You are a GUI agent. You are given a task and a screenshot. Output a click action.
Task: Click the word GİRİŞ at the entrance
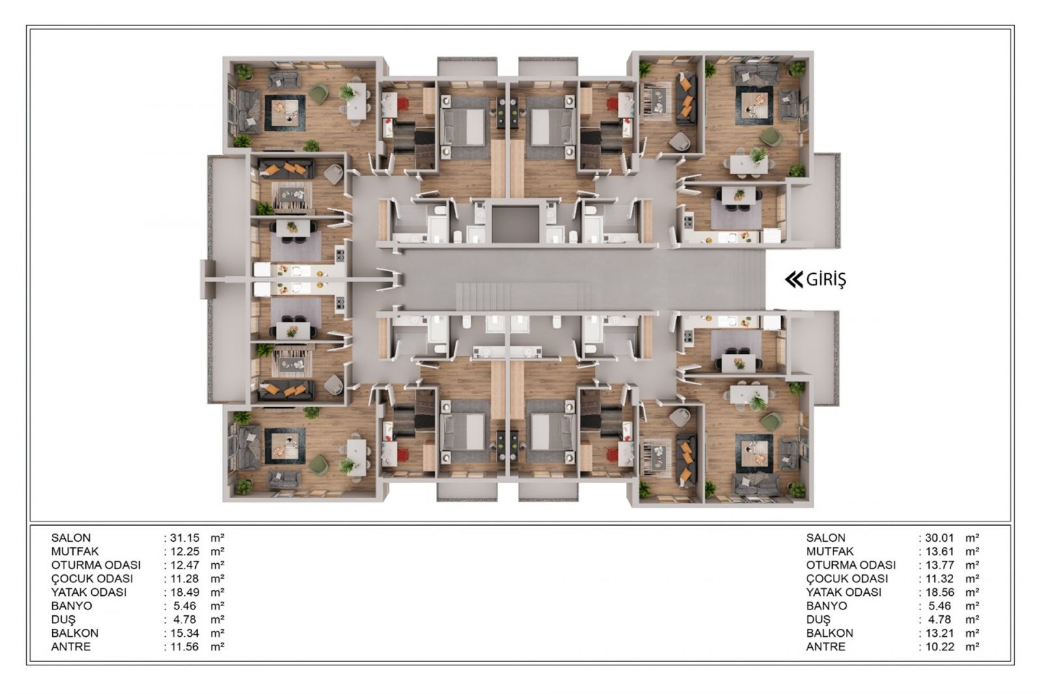826,280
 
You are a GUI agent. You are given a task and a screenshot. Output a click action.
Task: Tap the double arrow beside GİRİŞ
794,280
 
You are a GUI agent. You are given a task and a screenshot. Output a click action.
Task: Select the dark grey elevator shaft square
515,224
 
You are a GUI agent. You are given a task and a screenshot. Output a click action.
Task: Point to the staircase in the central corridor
524,296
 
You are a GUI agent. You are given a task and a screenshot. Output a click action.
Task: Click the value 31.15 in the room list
185,538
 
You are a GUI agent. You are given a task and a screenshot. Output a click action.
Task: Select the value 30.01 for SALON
940,538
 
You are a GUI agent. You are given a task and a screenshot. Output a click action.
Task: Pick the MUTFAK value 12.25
185,552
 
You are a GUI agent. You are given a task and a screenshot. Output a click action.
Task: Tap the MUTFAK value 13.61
940,552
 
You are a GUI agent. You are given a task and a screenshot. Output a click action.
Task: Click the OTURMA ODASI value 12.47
185,565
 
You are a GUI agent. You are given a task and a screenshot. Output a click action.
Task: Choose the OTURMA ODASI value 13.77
940,565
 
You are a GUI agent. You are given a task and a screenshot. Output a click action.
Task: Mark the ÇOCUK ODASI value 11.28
185,579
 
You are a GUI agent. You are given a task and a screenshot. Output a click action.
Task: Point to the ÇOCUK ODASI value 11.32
940,579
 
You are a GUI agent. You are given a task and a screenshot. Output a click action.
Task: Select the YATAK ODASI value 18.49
185,593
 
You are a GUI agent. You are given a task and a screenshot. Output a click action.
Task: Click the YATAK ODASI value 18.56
940,593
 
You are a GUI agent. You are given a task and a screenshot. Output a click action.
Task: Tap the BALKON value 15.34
185,633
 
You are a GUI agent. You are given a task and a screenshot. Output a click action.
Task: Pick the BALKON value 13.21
940,633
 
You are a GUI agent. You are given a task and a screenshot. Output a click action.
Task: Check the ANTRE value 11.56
185,647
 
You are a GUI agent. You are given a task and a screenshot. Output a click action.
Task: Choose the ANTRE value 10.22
940,647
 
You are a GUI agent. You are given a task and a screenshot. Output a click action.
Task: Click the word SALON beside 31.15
71,538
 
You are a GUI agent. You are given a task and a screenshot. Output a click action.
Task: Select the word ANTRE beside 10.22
826,647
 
